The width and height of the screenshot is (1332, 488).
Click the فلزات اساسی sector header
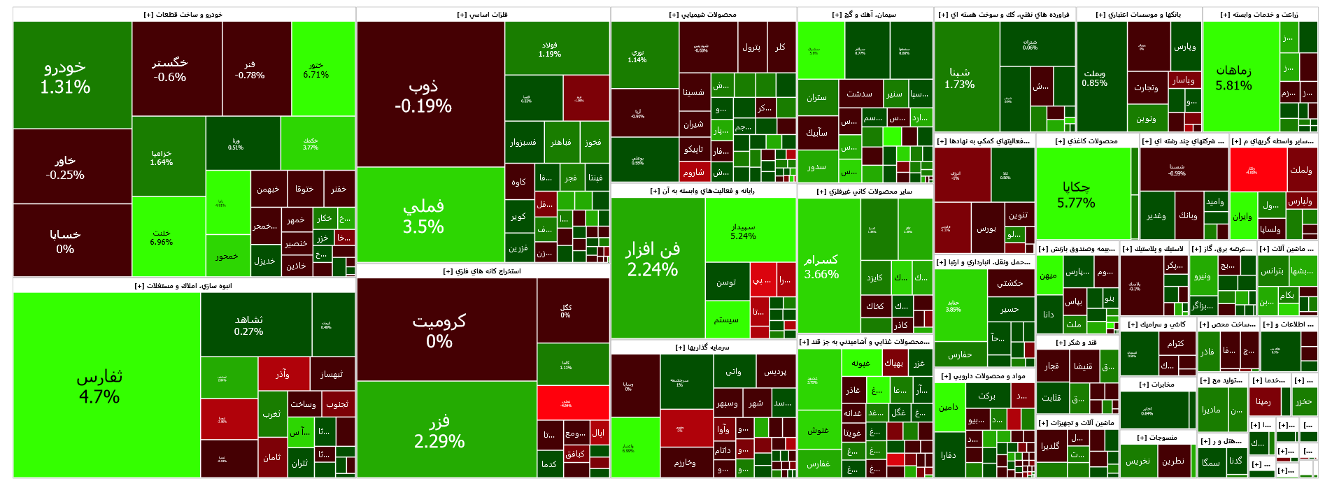(x=482, y=15)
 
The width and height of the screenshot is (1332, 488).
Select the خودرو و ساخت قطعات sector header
(x=183, y=15)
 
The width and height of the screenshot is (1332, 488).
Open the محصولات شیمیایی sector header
(x=702, y=15)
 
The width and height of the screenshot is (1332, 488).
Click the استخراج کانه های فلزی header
(x=482, y=271)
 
